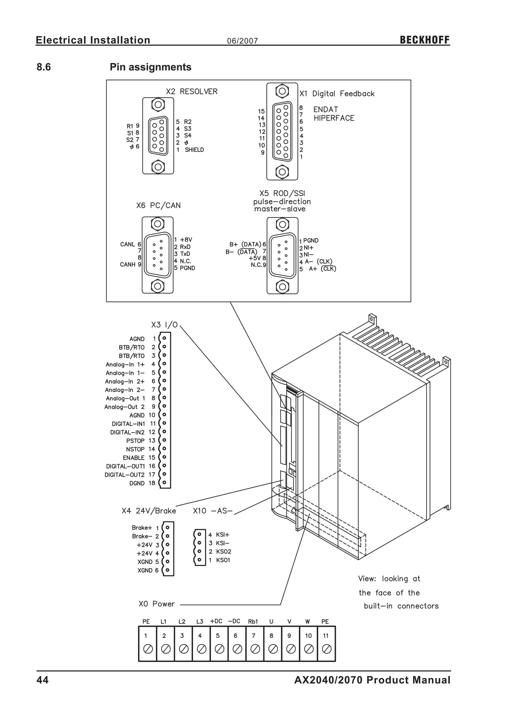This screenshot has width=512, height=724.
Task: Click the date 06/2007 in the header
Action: [x=242, y=41]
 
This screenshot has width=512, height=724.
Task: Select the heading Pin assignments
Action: [x=150, y=67]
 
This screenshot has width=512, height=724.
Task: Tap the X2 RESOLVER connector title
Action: [x=192, y=92]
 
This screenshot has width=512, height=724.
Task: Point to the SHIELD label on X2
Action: [x=194, y=150]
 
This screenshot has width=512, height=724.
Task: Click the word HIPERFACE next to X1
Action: [x=334, y=118]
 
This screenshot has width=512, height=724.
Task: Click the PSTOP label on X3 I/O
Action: [x=135, y=440]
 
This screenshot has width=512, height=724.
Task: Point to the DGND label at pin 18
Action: [x=137, y=483]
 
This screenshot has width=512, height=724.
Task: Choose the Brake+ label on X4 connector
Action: [x=142, y=527]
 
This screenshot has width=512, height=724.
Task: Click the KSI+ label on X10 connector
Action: [x=222, y=535]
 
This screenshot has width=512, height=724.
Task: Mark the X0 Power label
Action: [x=157, y=604]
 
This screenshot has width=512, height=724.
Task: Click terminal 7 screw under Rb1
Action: [x=255, y=649]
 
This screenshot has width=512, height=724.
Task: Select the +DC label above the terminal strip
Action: [x=216, y=621]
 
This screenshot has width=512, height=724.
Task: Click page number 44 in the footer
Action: [x=42, y=680]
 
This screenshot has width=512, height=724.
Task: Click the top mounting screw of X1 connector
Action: [x=282, y=91]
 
